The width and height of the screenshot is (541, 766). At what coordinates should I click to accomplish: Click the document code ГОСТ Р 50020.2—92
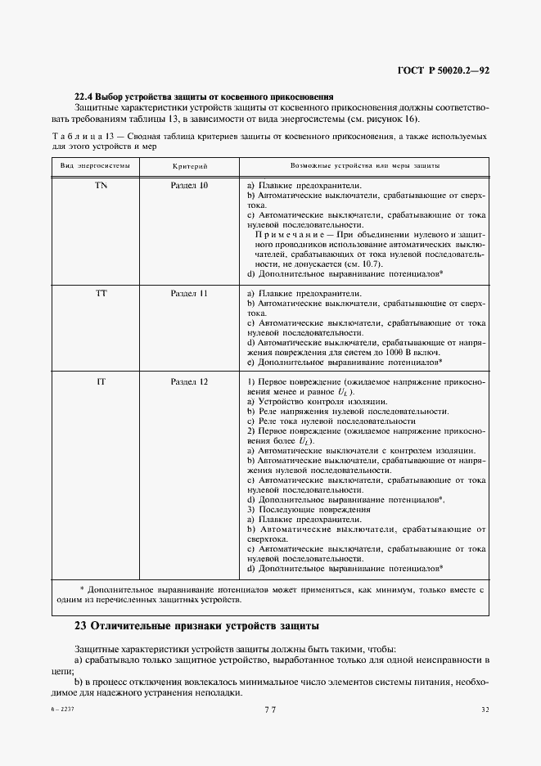coord(443,71)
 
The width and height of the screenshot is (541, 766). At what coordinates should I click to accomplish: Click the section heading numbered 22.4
coord(203,97)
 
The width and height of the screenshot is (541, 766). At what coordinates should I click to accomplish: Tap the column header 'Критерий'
coord(189,165)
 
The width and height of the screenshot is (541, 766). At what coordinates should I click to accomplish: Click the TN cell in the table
coord(101,186)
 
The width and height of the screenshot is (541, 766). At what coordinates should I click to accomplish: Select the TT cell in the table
coord(101,292)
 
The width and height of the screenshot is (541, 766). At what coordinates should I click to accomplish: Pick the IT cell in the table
coord(101,382)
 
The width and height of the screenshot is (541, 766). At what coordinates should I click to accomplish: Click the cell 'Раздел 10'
coord(189,186)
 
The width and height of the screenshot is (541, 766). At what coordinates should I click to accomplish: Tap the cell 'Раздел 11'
coord(189,292)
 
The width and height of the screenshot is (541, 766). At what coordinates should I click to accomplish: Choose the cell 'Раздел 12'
coord(189,382)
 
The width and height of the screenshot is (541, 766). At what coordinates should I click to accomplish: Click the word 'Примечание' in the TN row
coord(285,234)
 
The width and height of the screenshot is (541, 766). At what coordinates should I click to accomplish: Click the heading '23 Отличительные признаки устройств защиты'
coord(196,626)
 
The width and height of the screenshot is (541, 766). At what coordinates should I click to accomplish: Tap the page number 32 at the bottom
coord(485,710)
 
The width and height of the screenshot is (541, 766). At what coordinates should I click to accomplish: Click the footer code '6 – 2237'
coord(62,710)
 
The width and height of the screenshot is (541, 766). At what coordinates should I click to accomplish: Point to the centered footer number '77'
coord(270,710)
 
